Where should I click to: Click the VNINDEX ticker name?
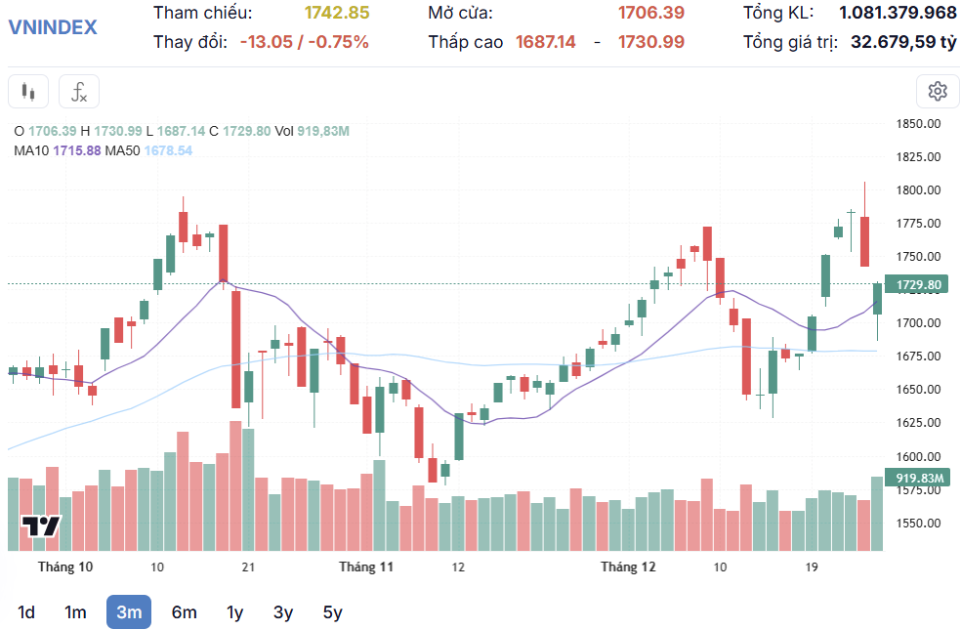pos(53,26)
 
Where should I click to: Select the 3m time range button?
pos(129,612)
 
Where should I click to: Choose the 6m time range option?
pos(184,612)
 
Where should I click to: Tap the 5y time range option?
pos(333,612)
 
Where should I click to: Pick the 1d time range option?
pos(26,612)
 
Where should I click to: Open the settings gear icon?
pos(938,92)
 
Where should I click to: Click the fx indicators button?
pos(79,92)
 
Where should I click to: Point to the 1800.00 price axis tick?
pos(918,190)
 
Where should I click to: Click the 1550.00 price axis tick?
pos(918,524)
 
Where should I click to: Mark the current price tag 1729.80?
pos(918,285)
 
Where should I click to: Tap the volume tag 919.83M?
pos(918,478)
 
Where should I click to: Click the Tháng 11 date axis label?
pos(366,567)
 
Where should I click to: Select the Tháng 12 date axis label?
pos(628,567)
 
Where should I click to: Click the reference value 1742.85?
pos(337,13)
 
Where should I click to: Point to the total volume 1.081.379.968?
pos(898,13)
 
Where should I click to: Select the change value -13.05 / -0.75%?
pos(304,42)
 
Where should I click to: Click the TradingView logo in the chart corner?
pos(42,525)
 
